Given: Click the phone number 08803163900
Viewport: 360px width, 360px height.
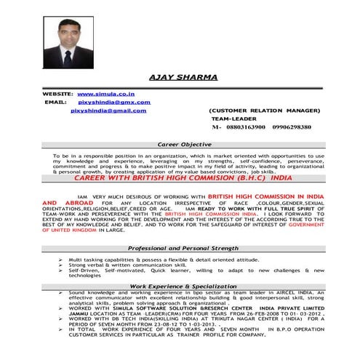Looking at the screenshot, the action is point(237,127).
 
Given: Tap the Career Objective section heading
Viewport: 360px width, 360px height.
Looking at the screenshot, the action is point(180,145).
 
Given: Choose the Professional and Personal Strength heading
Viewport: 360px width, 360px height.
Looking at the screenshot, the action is point(180,249).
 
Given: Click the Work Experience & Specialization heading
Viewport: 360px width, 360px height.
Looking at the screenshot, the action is point(180,287).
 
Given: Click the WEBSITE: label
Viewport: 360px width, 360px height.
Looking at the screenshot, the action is point(58,95).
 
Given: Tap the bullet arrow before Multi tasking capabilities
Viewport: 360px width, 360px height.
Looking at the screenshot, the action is point(58,259).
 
